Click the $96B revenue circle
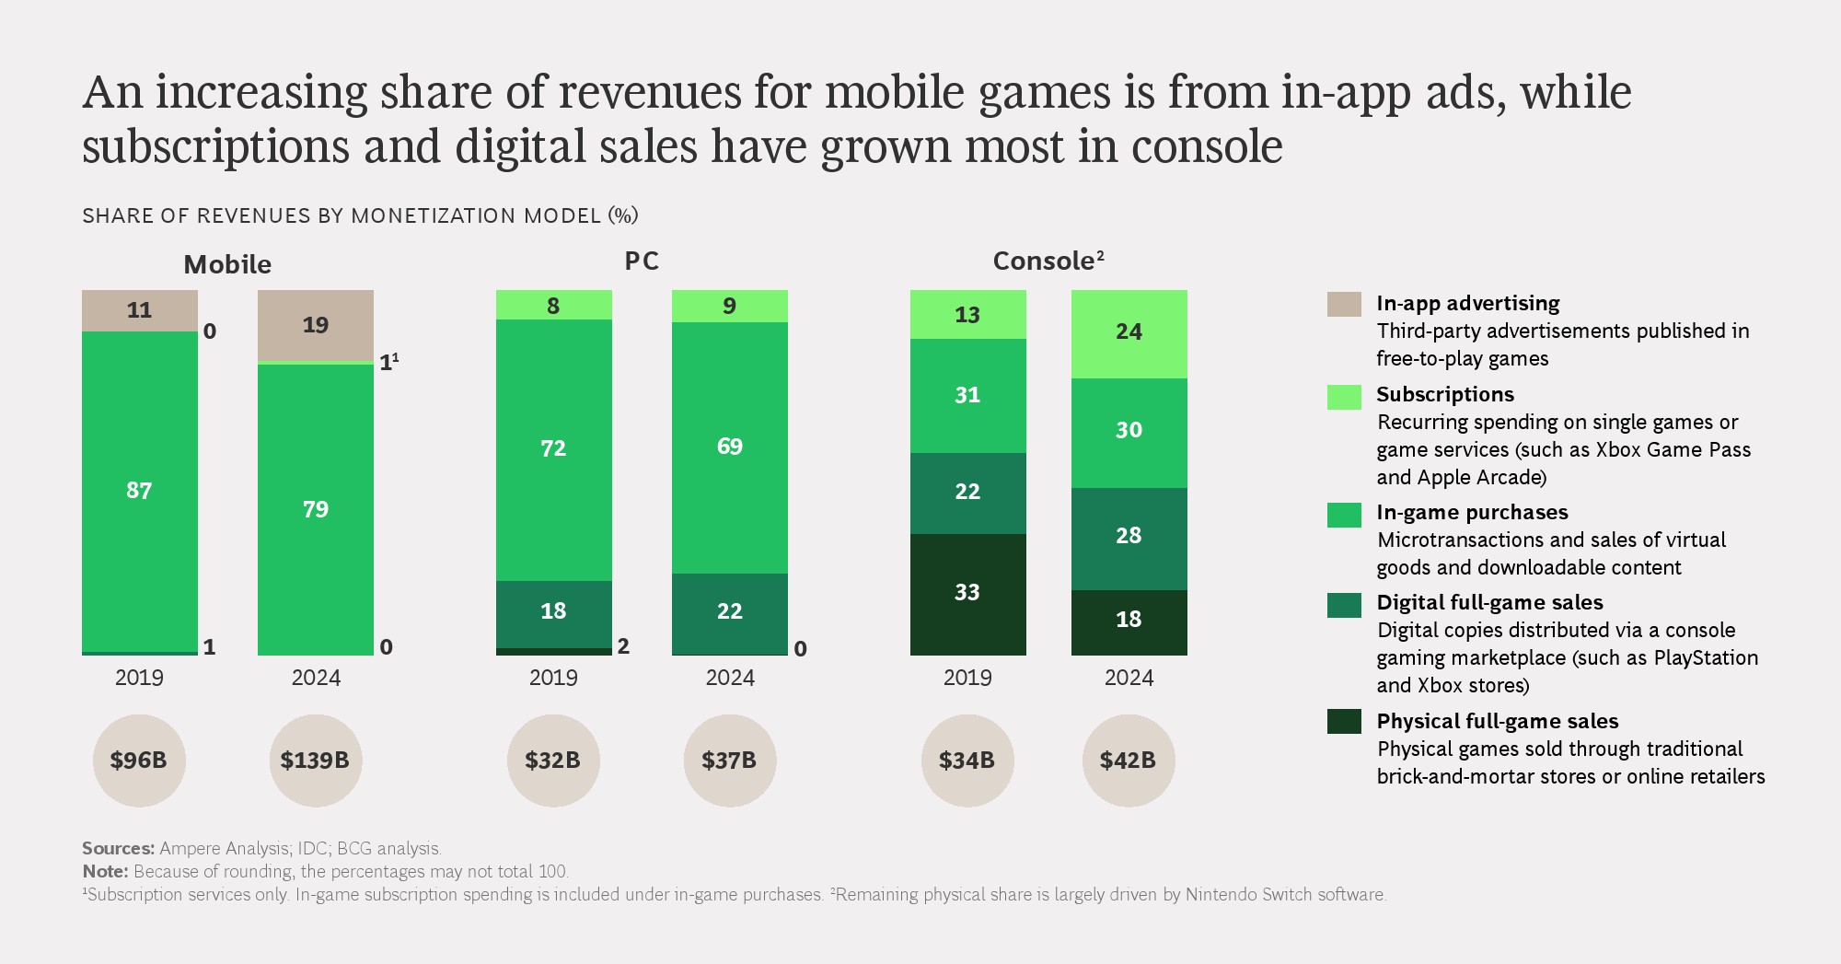tap(139, 761)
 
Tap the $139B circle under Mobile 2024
tap(315, 761)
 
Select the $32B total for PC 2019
tap(553, 761)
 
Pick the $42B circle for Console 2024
tap(1129, 761)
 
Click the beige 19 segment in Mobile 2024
tap(316, 325)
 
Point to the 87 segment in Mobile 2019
tap(139, 491)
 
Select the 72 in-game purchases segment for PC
tap(553, 449)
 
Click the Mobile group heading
tap(227, 265)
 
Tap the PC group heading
tap(642, 261)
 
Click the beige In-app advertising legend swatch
tap(1344, 304)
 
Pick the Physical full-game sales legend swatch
tap(1344, 721)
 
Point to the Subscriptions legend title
tap(1444, 394)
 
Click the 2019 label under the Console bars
tap(967, 678)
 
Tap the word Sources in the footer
tap(118, 848)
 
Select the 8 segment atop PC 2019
tap(553, 306)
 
